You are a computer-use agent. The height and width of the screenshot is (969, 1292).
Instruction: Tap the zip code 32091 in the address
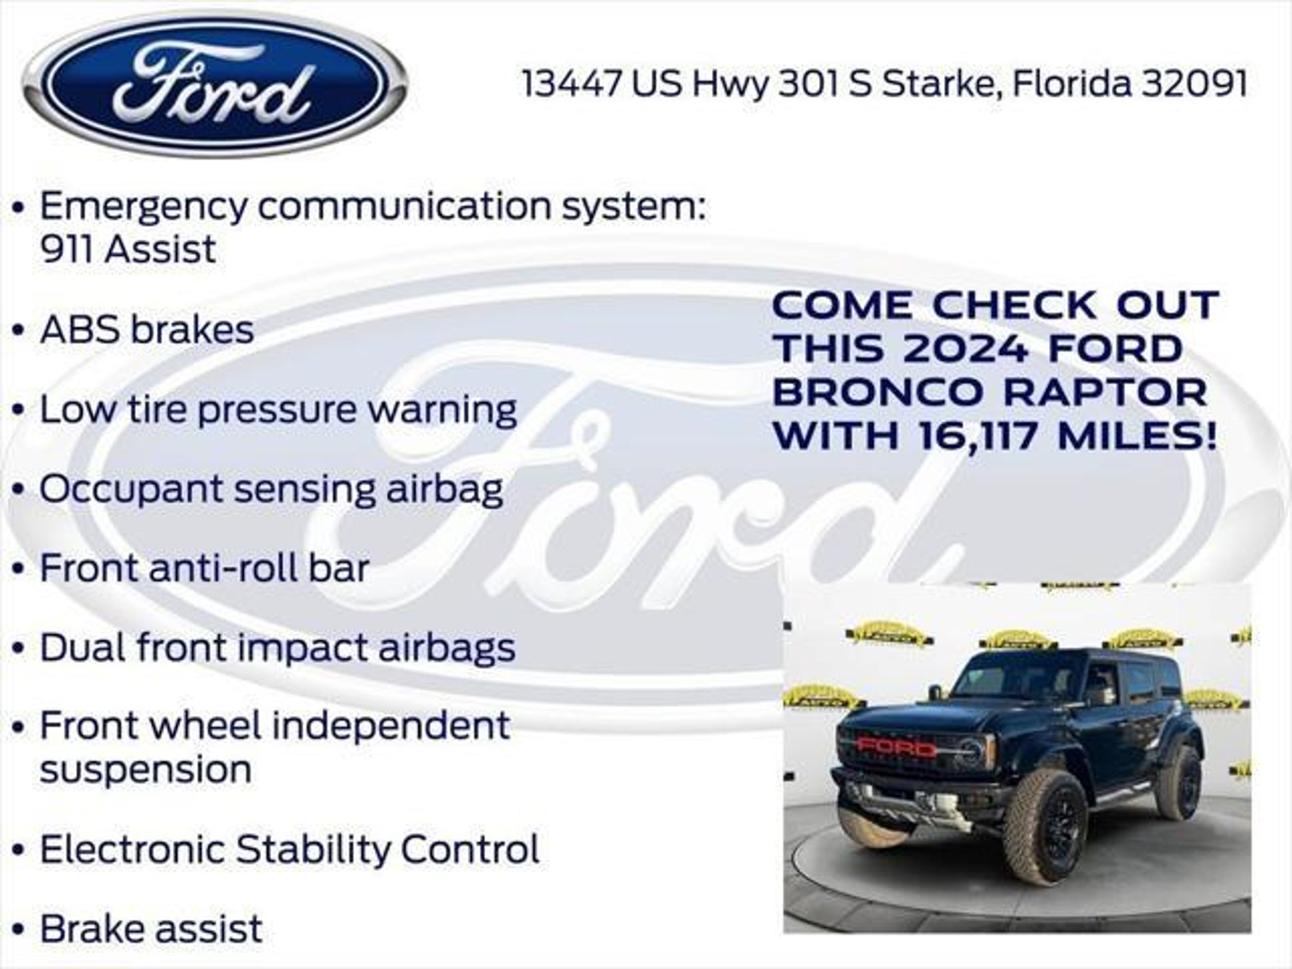(x=1194, y=84)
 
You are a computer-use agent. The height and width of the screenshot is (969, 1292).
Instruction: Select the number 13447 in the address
(x=572, y=84)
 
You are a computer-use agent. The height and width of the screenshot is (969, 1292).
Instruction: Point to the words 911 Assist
(x=129, y=249)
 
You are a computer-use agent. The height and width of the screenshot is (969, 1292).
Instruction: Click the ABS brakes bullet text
(x=147, y=329)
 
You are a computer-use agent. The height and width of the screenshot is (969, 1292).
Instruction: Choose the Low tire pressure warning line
(x=278, y=410)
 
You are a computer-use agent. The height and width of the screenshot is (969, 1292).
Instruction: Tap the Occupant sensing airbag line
(x=271, y=490)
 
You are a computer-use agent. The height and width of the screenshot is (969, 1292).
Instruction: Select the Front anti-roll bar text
(x=204, y=568)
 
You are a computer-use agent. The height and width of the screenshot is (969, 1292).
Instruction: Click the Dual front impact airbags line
(x=278, y=649)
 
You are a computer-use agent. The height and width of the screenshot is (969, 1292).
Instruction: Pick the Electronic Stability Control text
(x=290, y=849)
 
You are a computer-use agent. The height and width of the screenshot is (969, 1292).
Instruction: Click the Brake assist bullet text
(x=151, y=928)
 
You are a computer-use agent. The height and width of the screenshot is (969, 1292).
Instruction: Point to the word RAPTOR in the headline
(x=1105, y=392)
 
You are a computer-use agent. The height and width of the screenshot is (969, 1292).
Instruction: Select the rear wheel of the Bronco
(x=1180, y=783)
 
